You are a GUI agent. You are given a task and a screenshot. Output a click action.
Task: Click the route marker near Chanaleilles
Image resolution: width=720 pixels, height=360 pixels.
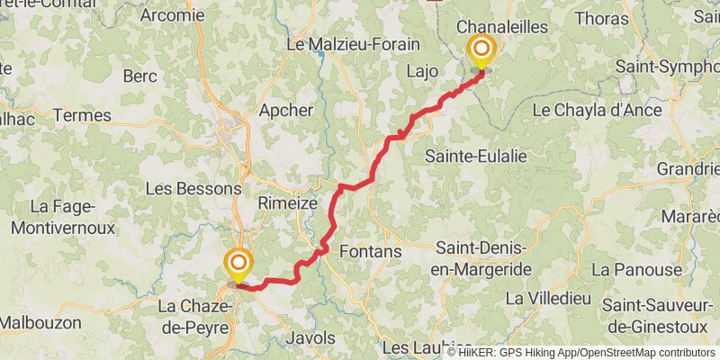pyautogui.click(x=481, y=49)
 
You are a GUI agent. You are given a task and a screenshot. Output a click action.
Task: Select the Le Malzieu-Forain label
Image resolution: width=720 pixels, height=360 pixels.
pyautogui.click(x=360, y=43)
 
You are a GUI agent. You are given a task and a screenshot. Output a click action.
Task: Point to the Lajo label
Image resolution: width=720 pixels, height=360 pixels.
pyautogui.click(x=421, y=70)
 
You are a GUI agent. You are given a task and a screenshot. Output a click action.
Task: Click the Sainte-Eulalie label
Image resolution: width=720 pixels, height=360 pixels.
pyautogui.click(x=476, y=156)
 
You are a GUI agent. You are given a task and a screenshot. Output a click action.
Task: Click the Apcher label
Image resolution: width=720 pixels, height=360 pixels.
pyautogui.click(x=286, y=111)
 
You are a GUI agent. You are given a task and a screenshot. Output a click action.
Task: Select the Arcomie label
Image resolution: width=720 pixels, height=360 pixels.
pyautogui.click(x=173, y=14)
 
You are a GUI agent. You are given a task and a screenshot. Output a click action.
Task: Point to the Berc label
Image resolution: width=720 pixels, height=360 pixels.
pyautogui.click(x=139, y=75)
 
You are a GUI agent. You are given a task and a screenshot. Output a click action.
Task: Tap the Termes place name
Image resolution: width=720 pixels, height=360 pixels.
pyautogui.click(x=82, y=115)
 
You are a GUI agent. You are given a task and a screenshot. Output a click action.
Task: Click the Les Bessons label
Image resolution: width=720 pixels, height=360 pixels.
pyautogui.click(x=193, y=189)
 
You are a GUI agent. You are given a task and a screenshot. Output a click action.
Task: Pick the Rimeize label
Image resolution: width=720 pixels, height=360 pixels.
pyautogui.click(x=287, y=203)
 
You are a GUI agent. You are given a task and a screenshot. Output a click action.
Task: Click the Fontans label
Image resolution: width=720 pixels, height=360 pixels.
pyautogui.click(x=370, y=252)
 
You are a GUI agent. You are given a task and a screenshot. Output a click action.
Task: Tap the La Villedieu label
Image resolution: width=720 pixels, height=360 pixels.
pyautogui.click(x=547, y=297)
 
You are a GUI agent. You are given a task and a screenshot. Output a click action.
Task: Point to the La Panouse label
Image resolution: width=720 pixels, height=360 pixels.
pyautogui.click(x=636, y=269)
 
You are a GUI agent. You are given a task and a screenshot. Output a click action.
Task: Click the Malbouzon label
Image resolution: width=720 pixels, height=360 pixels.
pyautogui.click(x=40, y=321)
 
